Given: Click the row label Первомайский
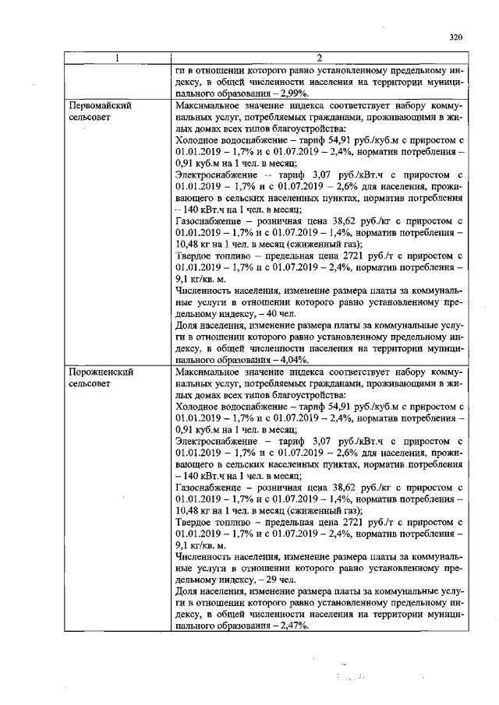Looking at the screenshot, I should pyautogui.click(x=98, y=104).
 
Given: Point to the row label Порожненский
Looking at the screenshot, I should pyautogui.click(x=100, y=372).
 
